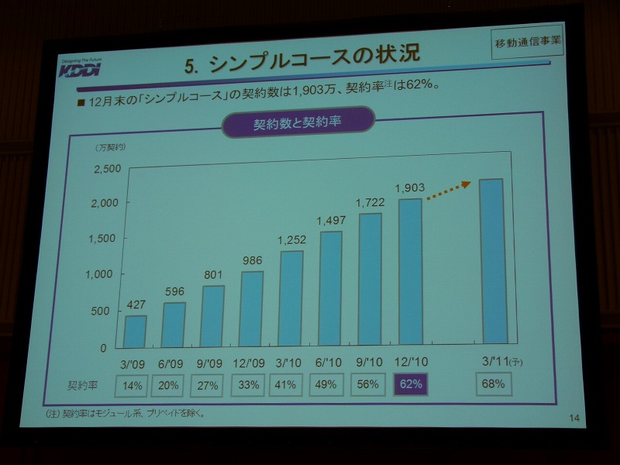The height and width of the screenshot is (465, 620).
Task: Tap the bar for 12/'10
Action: (x=410, y=271)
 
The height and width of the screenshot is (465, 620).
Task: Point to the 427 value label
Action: (x=136, y=305)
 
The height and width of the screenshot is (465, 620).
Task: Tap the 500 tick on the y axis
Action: (x=109, y=310)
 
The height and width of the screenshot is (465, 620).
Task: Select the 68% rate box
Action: (x=494, y=384)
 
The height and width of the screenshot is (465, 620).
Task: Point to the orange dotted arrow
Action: (x=449, y=191)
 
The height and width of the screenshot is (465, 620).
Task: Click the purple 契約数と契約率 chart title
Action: (x=298, y=123)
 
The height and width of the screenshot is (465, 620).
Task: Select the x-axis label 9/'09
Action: (x=212, y=363)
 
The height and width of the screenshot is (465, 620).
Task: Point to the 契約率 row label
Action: (x=83, y=385)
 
